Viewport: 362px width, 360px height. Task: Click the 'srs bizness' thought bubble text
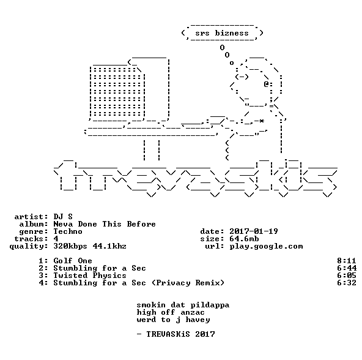click(222, 33)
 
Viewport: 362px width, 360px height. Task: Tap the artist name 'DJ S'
click(63, 217)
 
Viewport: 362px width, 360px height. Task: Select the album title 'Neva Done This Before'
click(105, 224)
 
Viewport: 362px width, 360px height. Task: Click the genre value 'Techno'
click(68, 231)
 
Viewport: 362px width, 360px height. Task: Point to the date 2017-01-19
click(254, 231)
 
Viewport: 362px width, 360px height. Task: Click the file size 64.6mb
click(244, 239)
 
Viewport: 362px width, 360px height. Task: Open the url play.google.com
click(266, 247)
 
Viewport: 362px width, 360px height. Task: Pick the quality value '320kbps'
click(70, 247)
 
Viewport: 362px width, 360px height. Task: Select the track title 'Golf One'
click(73, 261)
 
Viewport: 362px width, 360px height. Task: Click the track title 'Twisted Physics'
click(90, 276)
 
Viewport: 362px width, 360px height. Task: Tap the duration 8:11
click(347, 261)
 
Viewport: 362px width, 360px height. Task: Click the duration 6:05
click(347, 276)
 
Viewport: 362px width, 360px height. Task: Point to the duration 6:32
click(347, 283)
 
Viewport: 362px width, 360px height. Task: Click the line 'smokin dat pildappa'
click(183, 305)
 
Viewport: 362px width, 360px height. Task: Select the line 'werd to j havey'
click(173, 320)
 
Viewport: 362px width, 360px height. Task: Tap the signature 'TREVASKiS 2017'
click(180, 334)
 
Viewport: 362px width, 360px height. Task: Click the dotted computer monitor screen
click(117, 92)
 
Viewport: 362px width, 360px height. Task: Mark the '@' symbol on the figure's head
click(266, 84)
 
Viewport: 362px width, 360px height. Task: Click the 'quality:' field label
click(29, 247)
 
